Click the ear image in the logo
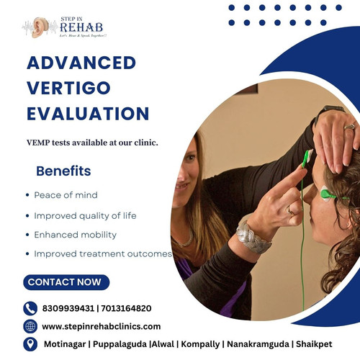tap(38, 27)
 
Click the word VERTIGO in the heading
tap(68, 88)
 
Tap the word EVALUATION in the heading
tap(88, 113)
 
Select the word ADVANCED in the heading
tap(81, 63)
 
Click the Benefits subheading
tap(63, 171)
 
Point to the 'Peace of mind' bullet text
tap(66, 195)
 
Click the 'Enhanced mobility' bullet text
tap(75, 235)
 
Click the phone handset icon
tap(30, 308)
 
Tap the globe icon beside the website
tap(30, 326)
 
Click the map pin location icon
tap(30, 344)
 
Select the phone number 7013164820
tap(126, 308)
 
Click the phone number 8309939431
tap(68, 308)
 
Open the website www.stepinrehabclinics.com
tap(102, 327)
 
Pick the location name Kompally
tap(200, 344)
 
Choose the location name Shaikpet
tap(314, 344)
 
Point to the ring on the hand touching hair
tap(350, 127)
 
